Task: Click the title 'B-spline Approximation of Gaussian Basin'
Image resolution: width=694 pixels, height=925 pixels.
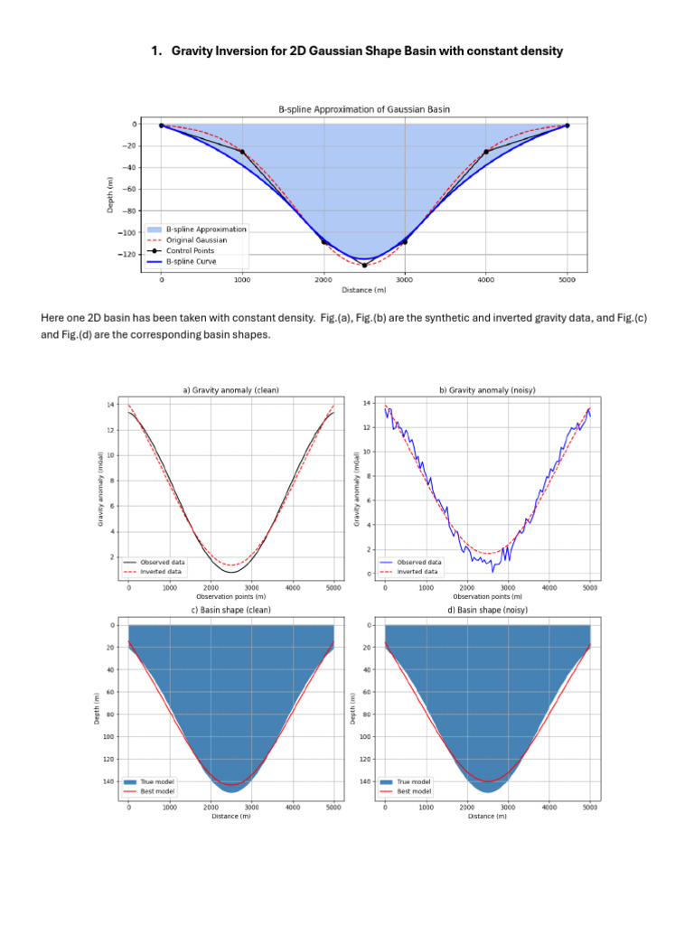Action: point(363,109)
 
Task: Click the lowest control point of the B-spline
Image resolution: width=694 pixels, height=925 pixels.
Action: point(364,266)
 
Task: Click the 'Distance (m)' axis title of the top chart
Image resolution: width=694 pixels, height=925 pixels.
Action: point(363,290)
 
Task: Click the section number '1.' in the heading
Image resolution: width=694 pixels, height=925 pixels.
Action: point(157,51)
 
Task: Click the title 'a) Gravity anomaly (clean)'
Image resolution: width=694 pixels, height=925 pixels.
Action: point(231,390)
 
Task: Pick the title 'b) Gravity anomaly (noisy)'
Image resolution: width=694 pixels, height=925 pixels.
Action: point(487,390)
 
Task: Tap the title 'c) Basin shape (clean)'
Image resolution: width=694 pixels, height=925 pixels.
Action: point(231,610)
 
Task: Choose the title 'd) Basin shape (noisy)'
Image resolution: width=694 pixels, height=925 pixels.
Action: point(487,610)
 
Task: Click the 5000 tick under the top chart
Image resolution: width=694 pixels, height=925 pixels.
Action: point(567,281)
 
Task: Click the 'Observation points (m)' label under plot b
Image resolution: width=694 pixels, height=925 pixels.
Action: point(487,597)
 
